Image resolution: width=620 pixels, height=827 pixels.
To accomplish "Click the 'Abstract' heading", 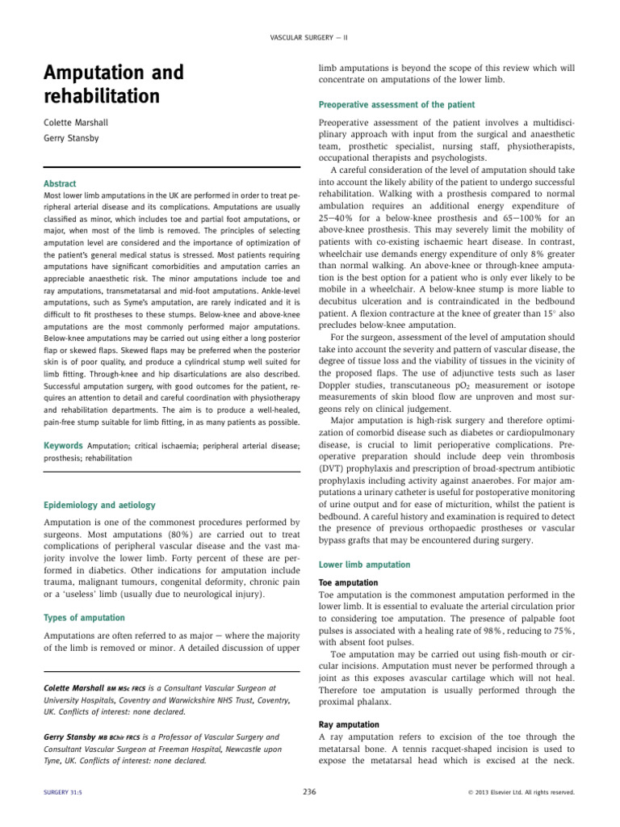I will (x=60, y=183).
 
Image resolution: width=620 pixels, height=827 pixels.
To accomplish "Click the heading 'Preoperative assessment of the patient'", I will (x=397, y=105).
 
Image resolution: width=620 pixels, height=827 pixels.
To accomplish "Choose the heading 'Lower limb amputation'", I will (x=365, y=564).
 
